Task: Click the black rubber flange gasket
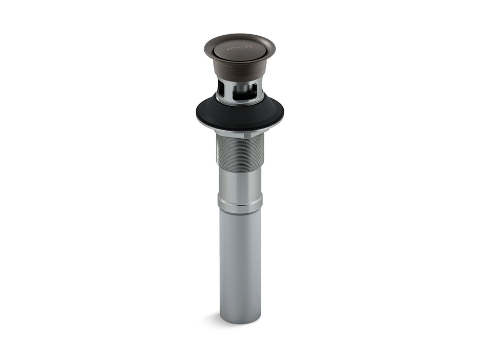239,113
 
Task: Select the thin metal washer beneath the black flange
240,128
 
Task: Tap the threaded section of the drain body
239,155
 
